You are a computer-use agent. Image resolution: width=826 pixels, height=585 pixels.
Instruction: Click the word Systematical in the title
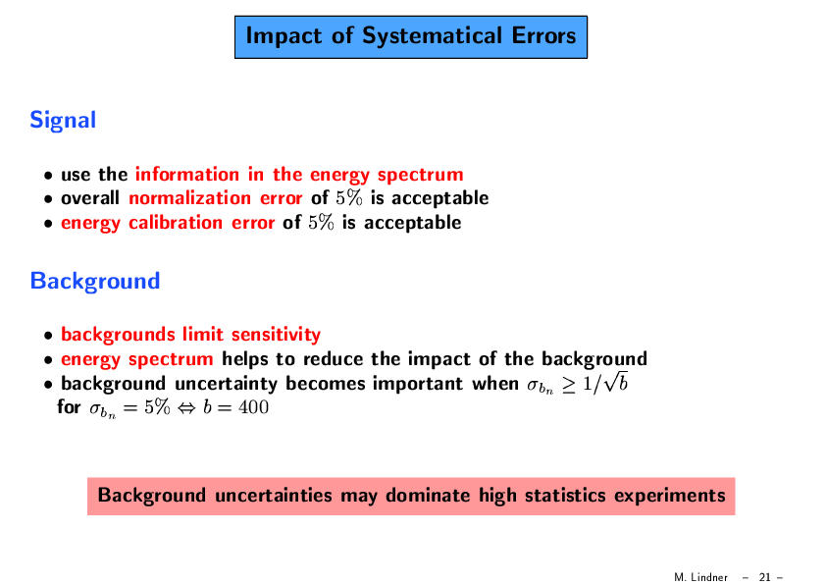(432, 36)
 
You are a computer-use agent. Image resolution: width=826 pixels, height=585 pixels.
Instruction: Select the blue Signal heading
(63, 121)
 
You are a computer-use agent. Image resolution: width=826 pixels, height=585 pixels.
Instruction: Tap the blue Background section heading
(95, 282)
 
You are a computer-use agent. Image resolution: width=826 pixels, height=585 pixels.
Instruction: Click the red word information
(187, 174)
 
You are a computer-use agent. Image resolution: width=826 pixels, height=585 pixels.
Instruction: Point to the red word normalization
(189, 198)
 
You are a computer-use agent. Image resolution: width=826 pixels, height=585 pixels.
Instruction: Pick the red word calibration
(176, 223)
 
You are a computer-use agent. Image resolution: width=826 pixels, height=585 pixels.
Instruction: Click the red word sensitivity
(276, 335)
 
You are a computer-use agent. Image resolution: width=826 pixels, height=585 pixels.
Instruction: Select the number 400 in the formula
(253, 407)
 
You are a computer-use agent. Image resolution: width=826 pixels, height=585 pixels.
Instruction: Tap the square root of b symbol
(615, 382)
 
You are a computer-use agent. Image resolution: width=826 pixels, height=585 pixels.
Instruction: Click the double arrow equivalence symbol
(186, 408)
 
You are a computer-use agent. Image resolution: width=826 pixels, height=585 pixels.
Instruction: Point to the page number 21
(764, 577)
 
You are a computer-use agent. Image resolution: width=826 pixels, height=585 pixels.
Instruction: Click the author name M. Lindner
(700, 577)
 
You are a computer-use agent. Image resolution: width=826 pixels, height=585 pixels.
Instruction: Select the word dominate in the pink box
(428, 496)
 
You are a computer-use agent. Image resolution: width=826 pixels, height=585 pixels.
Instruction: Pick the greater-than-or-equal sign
(568, 385)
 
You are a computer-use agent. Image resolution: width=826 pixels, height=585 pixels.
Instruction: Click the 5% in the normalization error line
(349, 198)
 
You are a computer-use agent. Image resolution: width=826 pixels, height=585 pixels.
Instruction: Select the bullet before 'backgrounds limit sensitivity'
(48, 336)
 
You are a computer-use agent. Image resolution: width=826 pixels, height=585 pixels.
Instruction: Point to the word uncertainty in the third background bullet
(226, 384)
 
